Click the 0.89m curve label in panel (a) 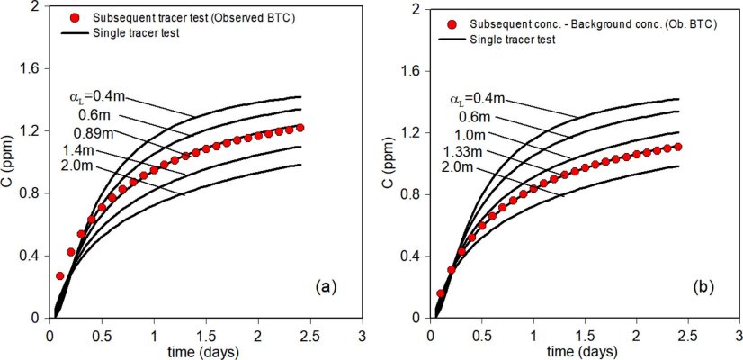click(87, 133)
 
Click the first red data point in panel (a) click(60, 275)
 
